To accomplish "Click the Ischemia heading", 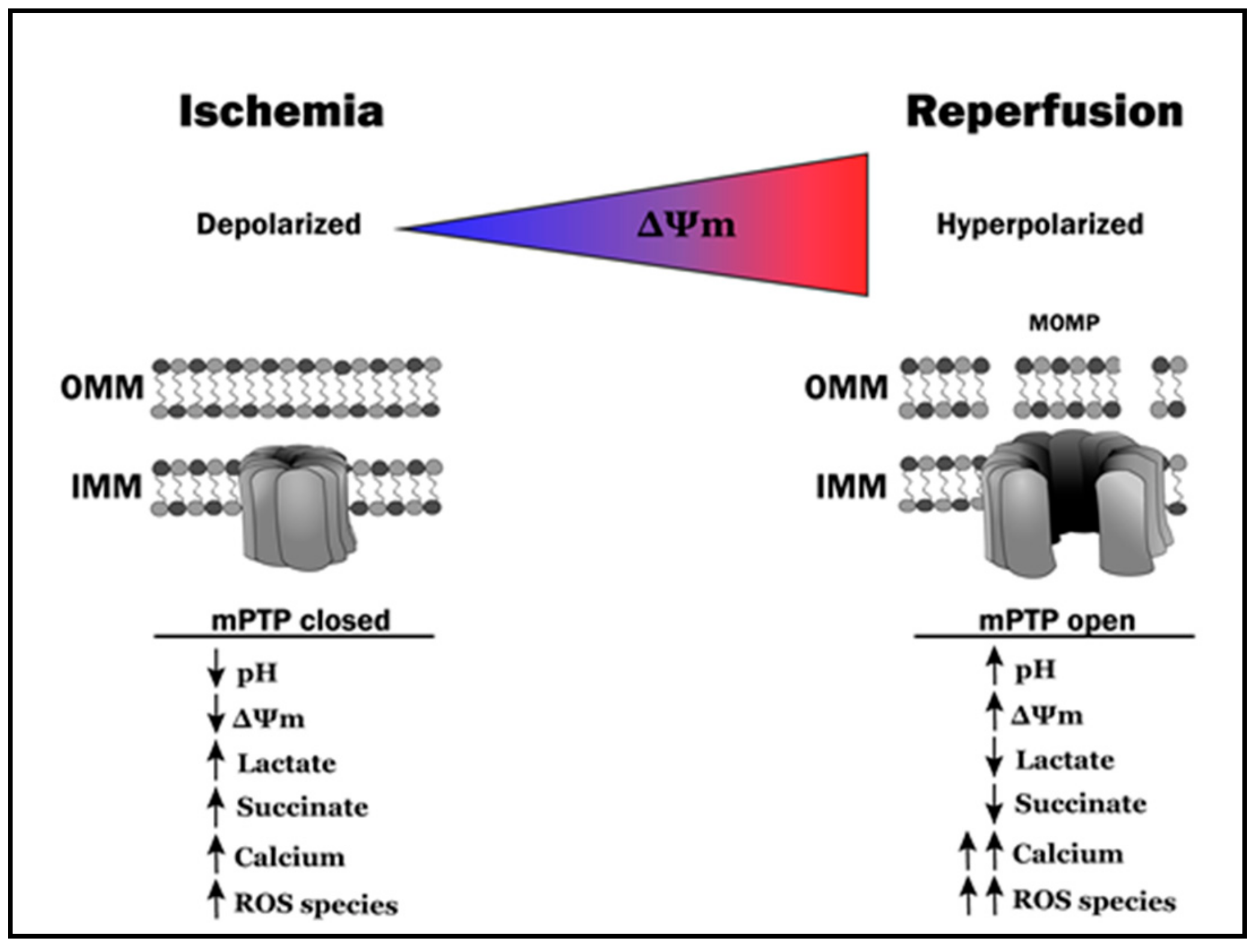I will pos(281,112).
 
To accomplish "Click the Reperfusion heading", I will pos(1044,112).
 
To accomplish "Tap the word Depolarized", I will pos(279,225).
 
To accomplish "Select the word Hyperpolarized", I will pos(1040,225).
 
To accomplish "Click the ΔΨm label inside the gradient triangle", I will pos(686,225).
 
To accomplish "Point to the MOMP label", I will pos(1064,323).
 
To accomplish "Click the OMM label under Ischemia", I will pos(102,387).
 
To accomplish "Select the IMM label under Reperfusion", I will pos(851,486).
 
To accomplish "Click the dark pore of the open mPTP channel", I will pos(1079,499).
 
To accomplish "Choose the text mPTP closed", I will pos(301,621).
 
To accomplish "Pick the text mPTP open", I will pos(1057,621).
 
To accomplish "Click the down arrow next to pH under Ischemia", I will pos(216,668).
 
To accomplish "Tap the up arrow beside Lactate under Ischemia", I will pos(216,761).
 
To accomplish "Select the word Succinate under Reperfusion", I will pos(1080,804).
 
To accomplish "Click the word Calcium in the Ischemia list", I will pos(290,857).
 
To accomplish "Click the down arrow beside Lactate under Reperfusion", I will pos(994,757).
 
